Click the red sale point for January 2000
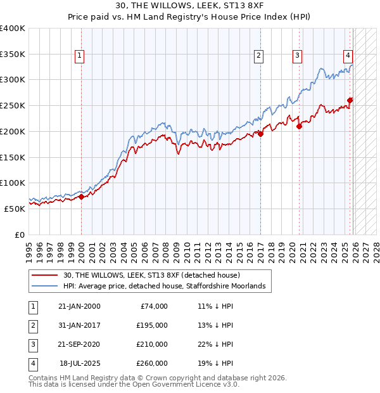(81, 196)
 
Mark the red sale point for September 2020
(300, 126)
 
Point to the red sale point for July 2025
(350, 100)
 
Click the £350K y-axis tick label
(13, 54)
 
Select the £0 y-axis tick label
(19, 235)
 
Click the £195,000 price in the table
(152, 325)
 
